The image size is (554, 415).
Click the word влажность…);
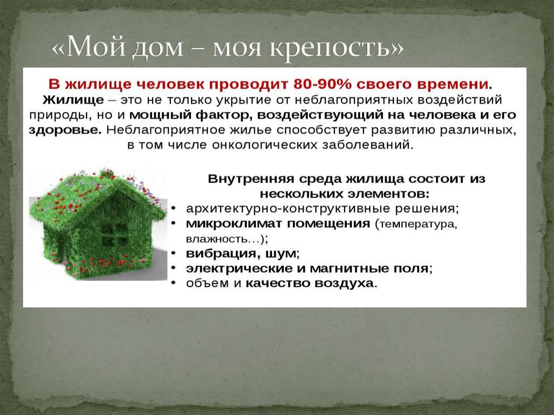coord(227,238)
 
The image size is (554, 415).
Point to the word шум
coord(285,253)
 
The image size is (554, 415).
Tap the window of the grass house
coord(115,234)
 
